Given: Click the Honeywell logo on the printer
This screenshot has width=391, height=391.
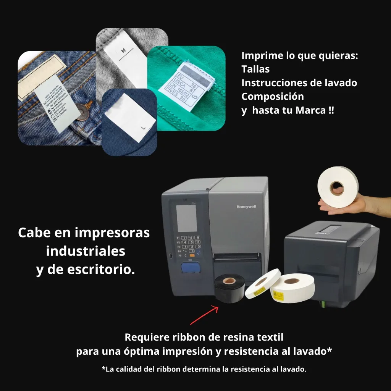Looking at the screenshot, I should coord(246,207).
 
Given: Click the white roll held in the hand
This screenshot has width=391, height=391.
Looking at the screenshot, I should coord(338,186).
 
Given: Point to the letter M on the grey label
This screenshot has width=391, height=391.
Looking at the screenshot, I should coord(123,51).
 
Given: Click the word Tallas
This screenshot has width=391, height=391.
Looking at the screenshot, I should coord(255,69).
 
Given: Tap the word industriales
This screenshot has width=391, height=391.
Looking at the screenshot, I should coord(86,251).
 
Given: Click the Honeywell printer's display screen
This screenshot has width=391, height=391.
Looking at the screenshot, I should coord(187,218).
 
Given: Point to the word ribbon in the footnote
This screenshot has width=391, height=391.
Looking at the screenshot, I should coord(169,369).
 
